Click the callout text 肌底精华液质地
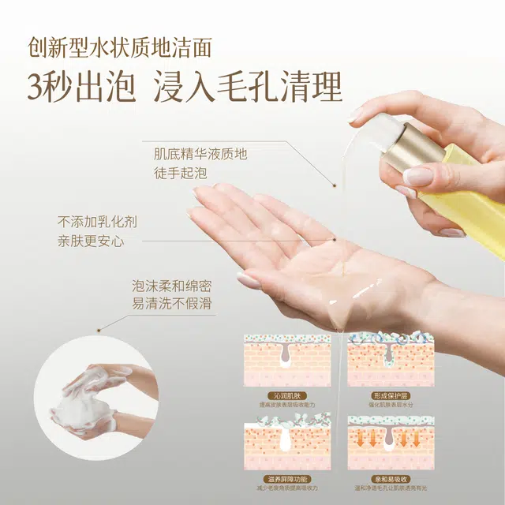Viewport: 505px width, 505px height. tap(200, 153)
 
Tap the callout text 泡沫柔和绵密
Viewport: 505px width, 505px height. tap(173, 285)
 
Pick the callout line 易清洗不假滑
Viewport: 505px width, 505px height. tap(173, 305)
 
